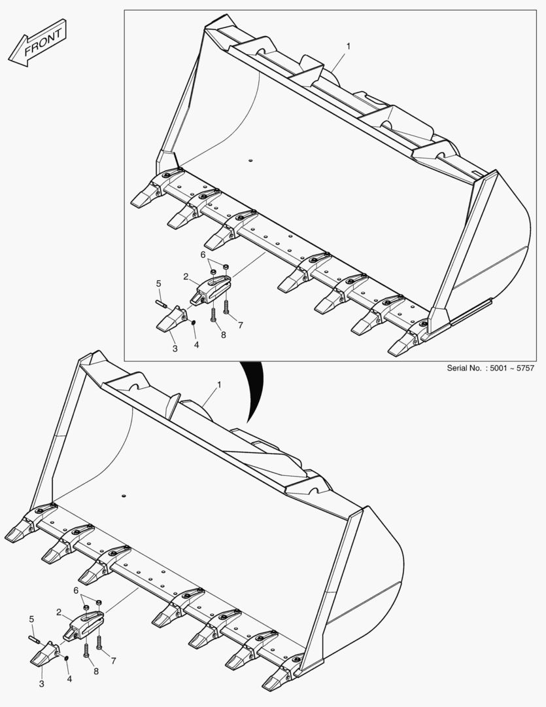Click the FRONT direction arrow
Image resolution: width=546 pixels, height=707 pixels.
click(x=37, y=43)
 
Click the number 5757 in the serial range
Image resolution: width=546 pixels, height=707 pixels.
click(x=524, y=368)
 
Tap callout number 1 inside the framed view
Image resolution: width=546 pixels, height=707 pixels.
click(x=349, y=46)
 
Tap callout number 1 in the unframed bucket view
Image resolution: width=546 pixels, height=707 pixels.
click(x=220, y=385)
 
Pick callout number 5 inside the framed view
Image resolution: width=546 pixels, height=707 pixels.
click(x=159, y=283)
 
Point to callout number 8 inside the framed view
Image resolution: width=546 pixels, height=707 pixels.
click(x=224, y=335)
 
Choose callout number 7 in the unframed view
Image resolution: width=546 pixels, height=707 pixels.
click(x=114, y=661)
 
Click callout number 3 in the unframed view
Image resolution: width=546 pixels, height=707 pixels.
click(x=41, y=684)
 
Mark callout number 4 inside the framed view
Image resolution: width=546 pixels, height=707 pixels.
click(x=196, y=345)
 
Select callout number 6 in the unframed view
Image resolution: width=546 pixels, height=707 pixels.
click(x=76, y=590)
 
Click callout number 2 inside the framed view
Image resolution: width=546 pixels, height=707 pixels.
click(x=186, y=276)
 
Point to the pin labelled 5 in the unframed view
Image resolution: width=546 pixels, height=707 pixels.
click(x=34, y=640)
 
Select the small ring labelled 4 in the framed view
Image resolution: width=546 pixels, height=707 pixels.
click(x=194, y=322)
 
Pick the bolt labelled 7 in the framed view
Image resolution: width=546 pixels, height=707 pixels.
click(x=226, y=307)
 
